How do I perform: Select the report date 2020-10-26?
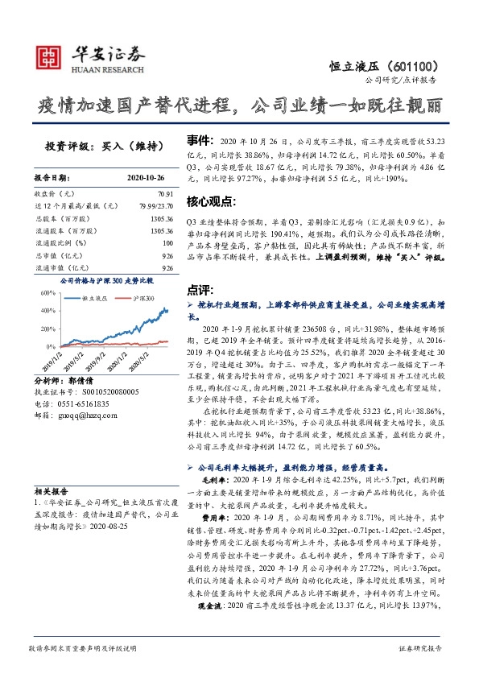click(146, 179)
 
